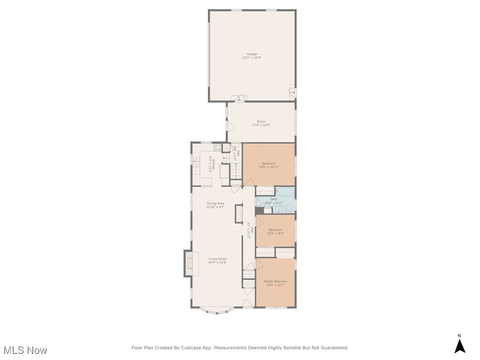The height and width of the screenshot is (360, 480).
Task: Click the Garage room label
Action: coord(252,54)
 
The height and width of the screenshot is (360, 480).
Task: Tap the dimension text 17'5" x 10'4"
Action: coord(261,125)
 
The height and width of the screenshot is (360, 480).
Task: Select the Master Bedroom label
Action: coord(275,281)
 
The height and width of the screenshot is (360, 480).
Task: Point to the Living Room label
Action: coord(217,259)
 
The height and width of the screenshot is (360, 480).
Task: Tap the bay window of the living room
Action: coord(217,310)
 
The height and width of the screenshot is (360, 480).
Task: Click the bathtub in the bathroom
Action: coord(285,192)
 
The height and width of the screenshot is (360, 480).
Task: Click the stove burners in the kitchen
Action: coord(217,147)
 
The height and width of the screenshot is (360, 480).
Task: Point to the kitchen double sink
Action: coord(196,161)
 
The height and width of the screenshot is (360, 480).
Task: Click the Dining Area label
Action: coord(215,203)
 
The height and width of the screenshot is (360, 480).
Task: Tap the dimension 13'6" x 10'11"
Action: coord(269,167)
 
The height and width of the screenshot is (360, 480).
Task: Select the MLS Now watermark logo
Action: coord(25,350)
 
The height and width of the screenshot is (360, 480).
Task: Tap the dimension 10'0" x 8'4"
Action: coord(275,233)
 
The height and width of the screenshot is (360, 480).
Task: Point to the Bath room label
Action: coord(274,199)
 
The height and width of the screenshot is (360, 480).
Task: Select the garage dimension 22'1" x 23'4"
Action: coord(252,58)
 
